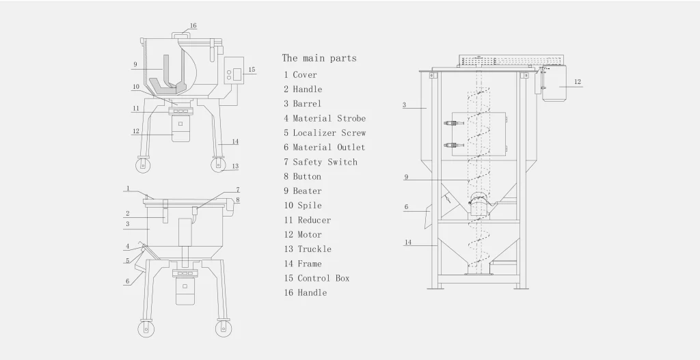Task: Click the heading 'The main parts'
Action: point(319,58)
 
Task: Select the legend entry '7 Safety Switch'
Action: point(321,162)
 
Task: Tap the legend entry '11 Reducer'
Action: point(308,220)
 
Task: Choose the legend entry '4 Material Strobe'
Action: point(325,118)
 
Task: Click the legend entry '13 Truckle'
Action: point(308,249)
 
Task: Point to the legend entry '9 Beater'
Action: point(303,191)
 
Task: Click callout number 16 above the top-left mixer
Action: point(193,26)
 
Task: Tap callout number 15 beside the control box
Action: point(252,70)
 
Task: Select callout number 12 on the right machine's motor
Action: point(578,82)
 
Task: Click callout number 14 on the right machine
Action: point(408,243)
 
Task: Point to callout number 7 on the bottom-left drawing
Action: point(237,189)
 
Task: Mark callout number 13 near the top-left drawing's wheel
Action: point(234,166)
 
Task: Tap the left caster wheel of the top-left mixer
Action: point(142,167)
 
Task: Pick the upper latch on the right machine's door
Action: point(451,124)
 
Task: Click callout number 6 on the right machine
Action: point(406,206)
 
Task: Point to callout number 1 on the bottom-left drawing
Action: point(127,188)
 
